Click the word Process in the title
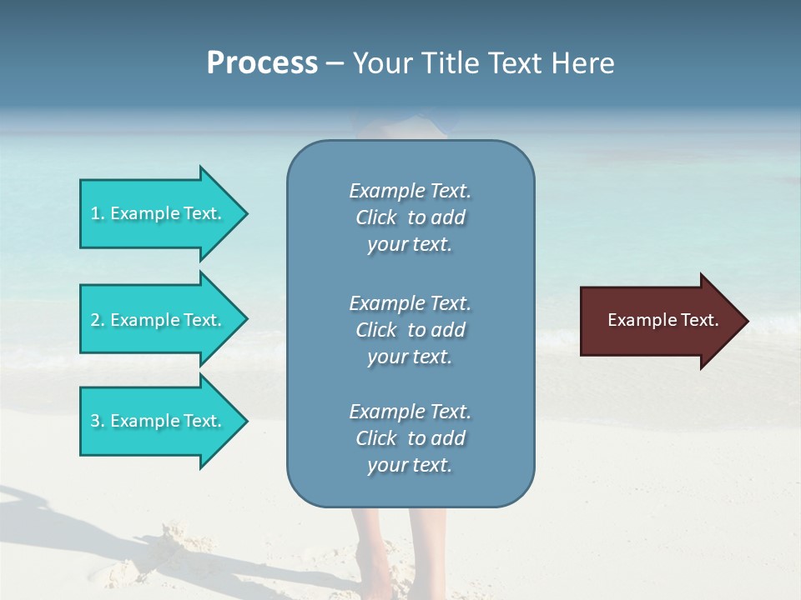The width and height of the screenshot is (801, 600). pos(262,63)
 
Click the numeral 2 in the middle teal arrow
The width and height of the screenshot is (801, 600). pos(95,320)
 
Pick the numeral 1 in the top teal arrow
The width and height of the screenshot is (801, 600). pos(95,213)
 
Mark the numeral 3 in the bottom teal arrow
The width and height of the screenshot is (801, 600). pos(95,421)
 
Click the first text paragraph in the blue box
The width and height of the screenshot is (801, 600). pos(410,217)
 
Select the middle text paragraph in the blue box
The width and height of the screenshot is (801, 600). pos(410,330)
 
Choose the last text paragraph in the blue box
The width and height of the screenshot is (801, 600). pos(410,438)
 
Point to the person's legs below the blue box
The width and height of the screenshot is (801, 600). pos(384,550)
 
